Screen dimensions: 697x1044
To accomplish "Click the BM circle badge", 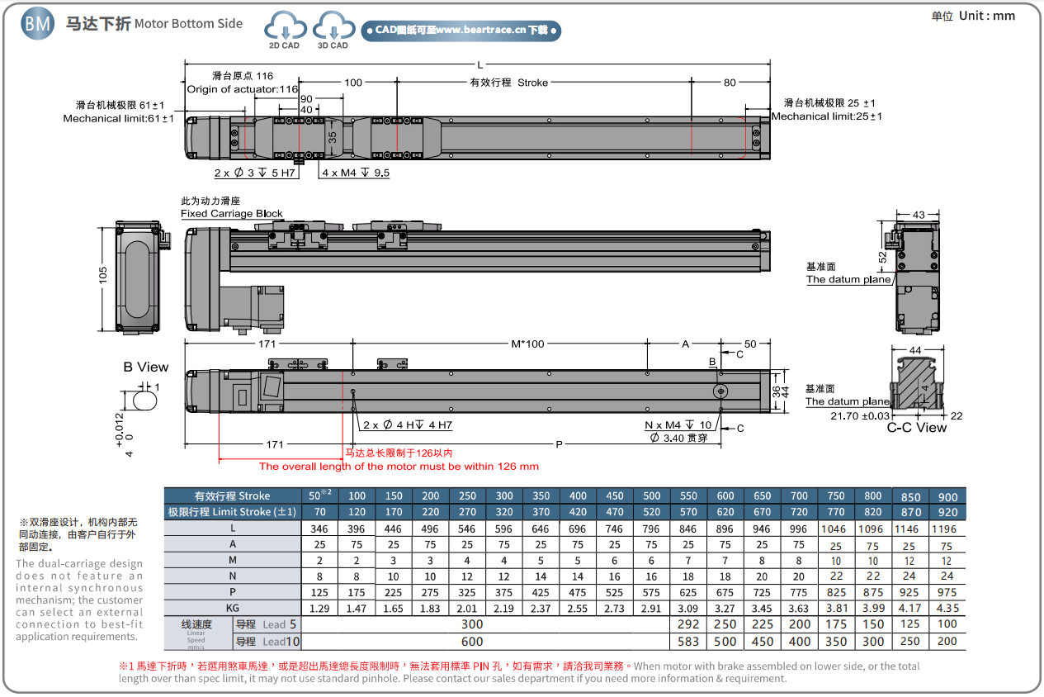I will coord(38,24).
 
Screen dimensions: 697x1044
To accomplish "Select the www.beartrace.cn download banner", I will coord(461,31).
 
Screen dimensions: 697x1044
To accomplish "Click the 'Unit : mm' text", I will coord(973,16).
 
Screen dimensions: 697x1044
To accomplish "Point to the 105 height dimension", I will coord(103,276).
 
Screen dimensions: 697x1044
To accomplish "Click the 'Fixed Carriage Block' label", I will coord(232,214).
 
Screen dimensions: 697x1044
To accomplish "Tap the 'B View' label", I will coord(145,367).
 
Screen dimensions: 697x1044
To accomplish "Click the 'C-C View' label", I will coord(916,428).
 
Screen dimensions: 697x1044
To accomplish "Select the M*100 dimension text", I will coord(528,344).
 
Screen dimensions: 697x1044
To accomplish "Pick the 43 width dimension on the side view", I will coord(919,215).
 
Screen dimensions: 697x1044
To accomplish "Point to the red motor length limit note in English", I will coord(399,467).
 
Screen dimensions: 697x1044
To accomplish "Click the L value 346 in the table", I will coord(319,529).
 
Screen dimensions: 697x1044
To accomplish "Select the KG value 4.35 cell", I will coord(947,609).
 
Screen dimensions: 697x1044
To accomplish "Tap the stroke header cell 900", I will coord(947,496).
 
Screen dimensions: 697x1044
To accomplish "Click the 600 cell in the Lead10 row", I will coord(472,642).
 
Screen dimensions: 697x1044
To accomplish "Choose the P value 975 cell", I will coord(947,592).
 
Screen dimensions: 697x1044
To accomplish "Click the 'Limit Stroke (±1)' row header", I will coord(232,512).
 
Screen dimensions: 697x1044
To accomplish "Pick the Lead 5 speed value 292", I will coord(688,624).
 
